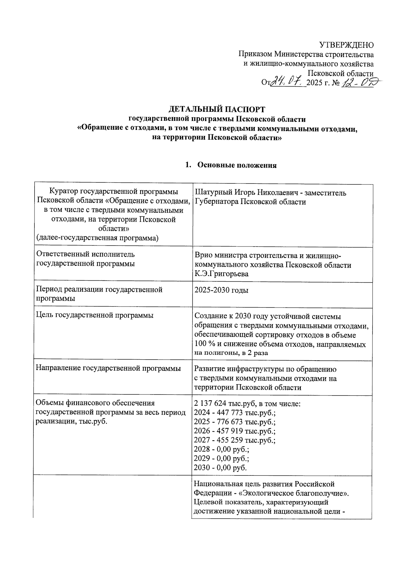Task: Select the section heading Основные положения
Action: click(x=237, y=165)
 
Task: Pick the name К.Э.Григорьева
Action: click(x=221, y=274)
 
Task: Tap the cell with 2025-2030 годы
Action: click(x=221, y=290)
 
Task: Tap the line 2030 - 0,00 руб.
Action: click(x=221, y=468)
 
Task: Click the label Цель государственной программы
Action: click(x=95, y=315)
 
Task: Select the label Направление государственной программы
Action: click(x=108, y=368)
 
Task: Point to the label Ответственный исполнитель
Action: click(x=85, y=254)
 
